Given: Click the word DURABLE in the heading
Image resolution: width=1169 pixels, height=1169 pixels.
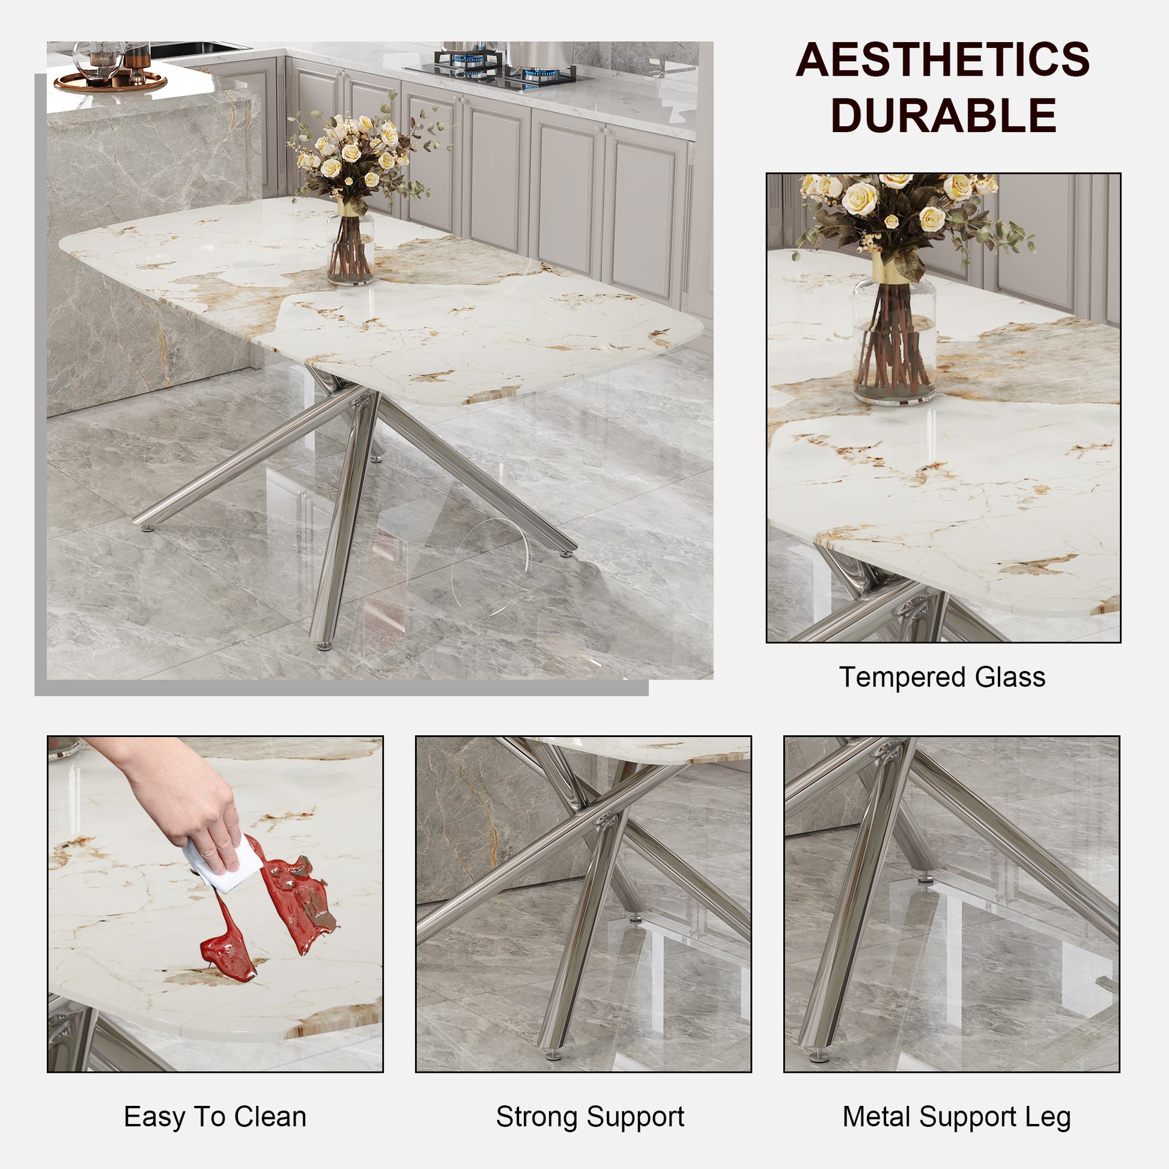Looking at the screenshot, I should [x=943, y=115].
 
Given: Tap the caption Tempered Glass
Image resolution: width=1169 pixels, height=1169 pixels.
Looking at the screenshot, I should [x=942, y=677].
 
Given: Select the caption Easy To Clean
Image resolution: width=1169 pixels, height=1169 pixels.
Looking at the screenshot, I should [x=215, y=1116].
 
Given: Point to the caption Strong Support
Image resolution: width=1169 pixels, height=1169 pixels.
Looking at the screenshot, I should [x=590, y=1116].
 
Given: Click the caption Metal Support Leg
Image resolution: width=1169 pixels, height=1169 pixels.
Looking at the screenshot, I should [x=956, y=1116].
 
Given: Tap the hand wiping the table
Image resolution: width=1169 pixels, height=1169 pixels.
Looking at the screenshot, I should [x=181, y=799].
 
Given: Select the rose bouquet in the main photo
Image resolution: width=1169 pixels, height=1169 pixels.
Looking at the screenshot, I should [x=357, y=154].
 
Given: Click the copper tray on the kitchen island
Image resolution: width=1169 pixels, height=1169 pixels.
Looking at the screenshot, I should [x=110, y=82].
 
